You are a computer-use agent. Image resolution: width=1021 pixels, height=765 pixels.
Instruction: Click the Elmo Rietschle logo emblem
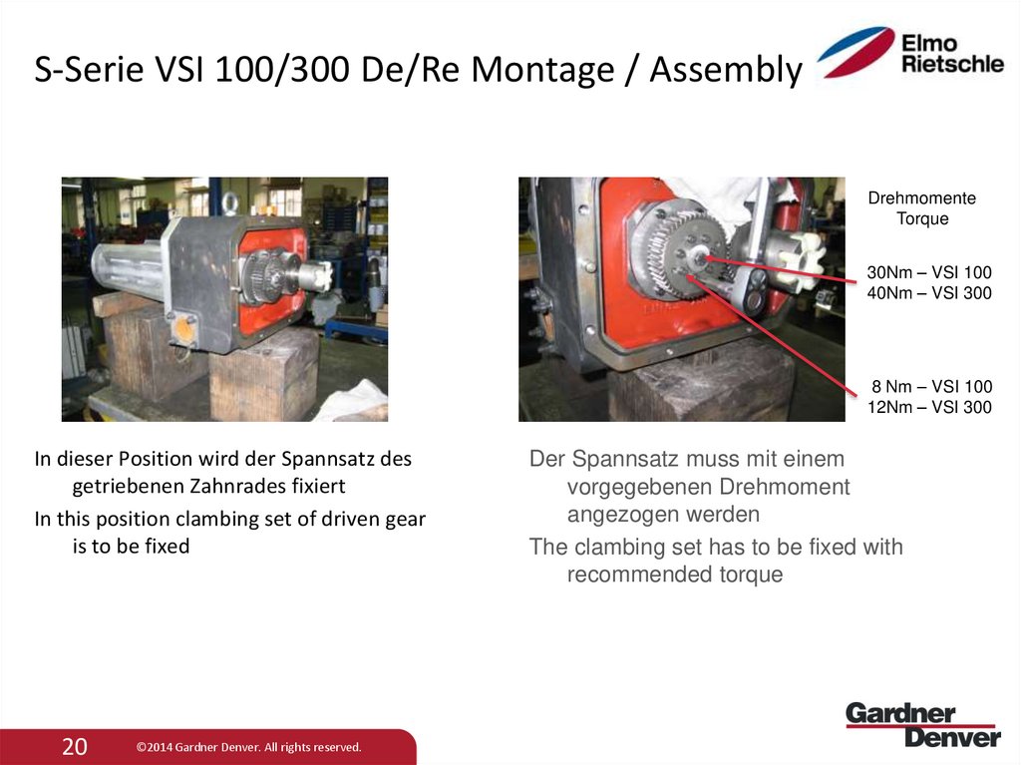tap(854, 53)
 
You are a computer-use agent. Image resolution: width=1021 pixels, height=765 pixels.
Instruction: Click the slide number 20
tap(75, 746)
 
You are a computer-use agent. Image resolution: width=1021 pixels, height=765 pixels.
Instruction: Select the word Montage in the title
tap(538, 71)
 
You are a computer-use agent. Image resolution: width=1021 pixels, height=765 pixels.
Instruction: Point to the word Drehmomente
tap(922, 198)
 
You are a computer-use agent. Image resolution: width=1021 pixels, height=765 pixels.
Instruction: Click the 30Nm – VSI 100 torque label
tap(929, 272)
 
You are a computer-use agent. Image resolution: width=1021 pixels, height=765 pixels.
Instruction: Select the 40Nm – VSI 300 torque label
tap(929, 293)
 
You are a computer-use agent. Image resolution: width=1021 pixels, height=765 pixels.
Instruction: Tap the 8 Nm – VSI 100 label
tap(932, 386)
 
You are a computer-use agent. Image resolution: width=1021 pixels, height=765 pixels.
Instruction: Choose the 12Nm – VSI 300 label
tap(929, 407)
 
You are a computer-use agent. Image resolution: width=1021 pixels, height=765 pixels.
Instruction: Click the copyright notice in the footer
tap(248, 747)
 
